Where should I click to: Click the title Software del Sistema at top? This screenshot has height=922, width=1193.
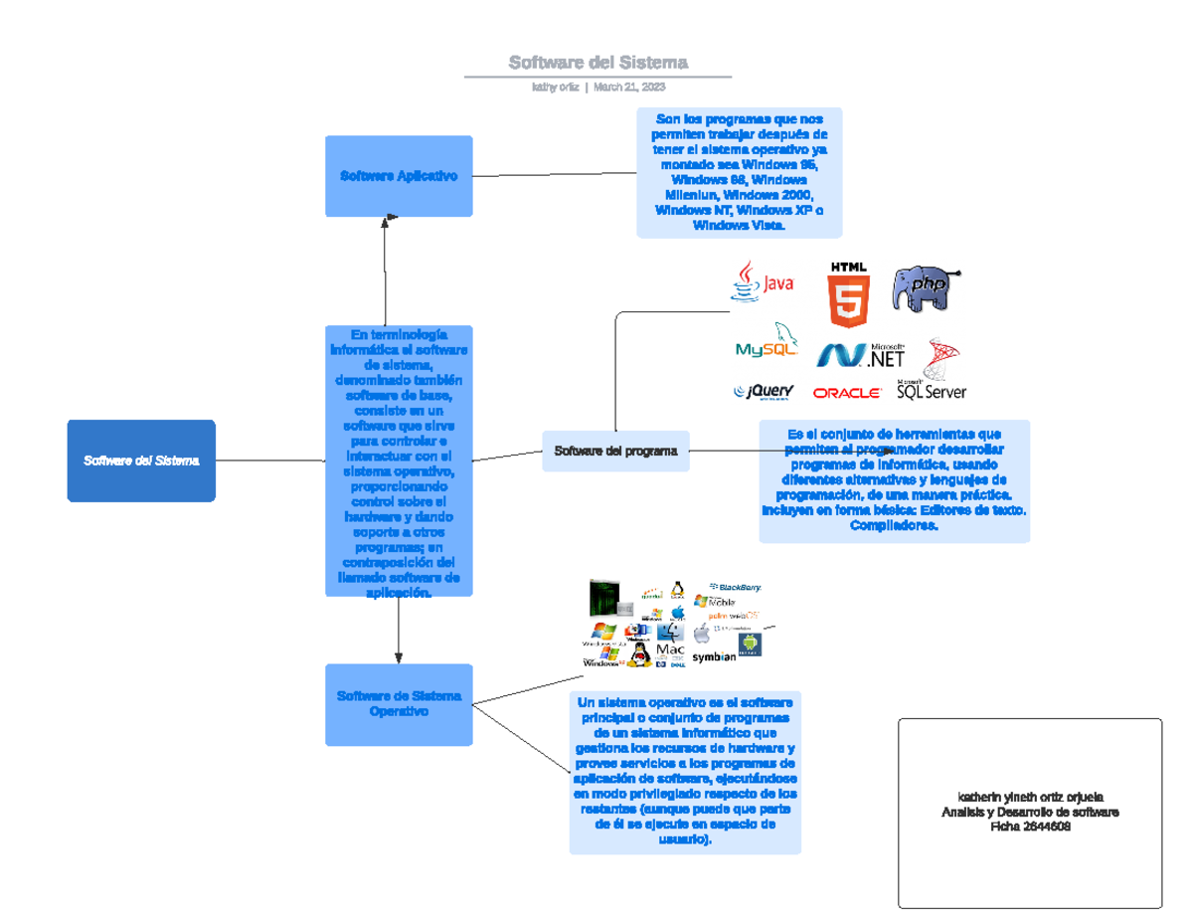point(597,63)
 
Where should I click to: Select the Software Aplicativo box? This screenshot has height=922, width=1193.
point(399,176)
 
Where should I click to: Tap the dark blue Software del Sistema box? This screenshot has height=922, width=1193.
point(141,461)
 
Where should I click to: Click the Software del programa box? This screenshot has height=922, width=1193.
point(615,451)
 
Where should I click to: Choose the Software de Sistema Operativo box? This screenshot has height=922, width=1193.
point(399,704)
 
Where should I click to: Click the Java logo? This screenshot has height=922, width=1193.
point(763,282)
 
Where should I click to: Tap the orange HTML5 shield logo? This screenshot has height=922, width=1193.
point(849,296)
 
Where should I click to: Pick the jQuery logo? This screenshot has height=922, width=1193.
point(764,392)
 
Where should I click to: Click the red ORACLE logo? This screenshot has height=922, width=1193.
point(847,393)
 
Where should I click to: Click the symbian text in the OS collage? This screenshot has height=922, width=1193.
point(714,656)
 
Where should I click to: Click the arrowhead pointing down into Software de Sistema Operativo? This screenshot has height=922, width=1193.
point(399,656)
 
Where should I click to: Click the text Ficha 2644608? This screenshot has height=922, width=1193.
point(1030,828)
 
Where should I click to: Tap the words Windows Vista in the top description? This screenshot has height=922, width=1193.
point(739,226)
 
